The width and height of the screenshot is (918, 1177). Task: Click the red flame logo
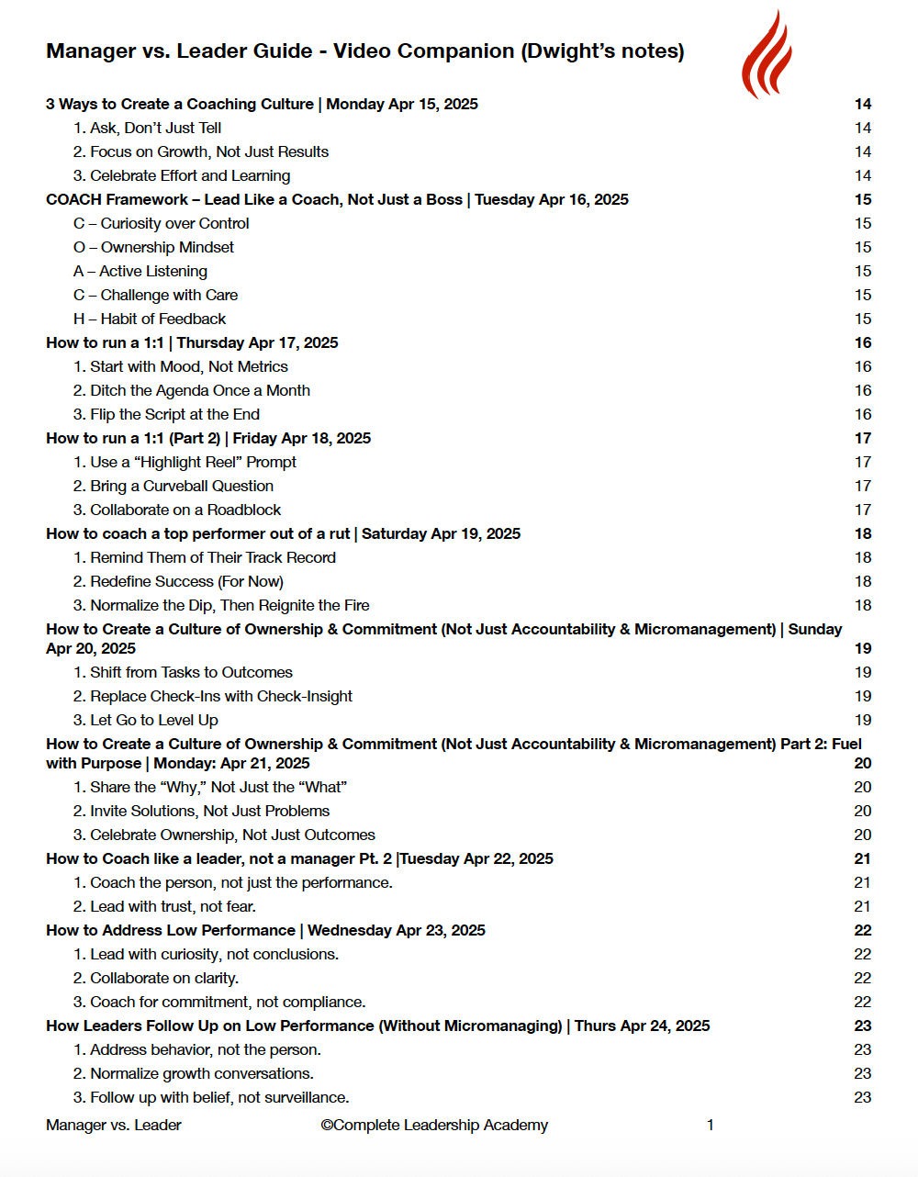pyautogui.click(x=767, y=55)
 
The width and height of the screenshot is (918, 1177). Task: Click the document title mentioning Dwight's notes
pyautogui.click(x=364, y=51)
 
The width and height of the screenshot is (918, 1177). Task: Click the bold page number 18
pyautogui.click(x=863, y=533)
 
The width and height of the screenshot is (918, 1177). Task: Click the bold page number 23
pyautogui.click(x=863, y=1026)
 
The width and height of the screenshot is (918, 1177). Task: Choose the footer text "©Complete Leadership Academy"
pyautogui.click(x=434, y=1125)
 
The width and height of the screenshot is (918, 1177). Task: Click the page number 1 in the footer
pyautogui.click(x=711, y=1125)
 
